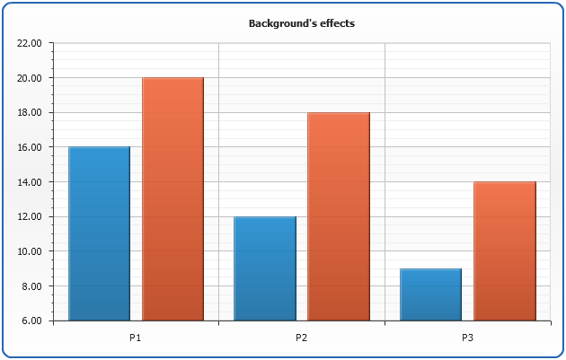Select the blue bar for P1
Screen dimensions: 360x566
[x=99, y=233]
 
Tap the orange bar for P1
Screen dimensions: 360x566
[x=172, y=199]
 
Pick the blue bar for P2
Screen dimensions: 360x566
[x=265, y=268]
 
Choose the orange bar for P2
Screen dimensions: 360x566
[x=339, y=216]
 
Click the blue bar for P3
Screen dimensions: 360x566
[x=431, y=294]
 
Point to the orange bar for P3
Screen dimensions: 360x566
[x=505, y=251]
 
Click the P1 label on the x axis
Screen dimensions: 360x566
[x=136, y=338]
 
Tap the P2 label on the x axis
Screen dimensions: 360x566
[x=302, y=338]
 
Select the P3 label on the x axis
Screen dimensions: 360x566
[x=468, y=338]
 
